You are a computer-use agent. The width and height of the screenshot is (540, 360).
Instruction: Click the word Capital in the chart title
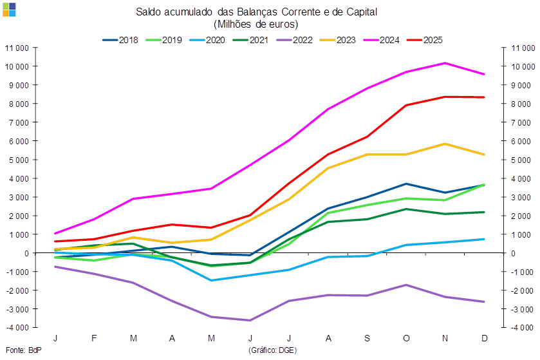pyautogui.click(x=362, y=12)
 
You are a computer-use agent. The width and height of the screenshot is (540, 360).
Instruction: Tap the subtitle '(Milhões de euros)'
pyautogui.click(x=256, y=24)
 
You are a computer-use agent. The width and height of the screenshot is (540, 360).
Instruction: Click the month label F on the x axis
pyautogui.click(x=95, y=339)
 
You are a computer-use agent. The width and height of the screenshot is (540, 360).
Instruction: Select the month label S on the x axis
pyautogui.click(x=367, y=339)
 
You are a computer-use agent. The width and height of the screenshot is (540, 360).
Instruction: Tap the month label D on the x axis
pyautogui.click(x=484, y=339)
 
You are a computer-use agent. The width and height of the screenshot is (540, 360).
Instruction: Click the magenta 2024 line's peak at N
pyautogui.click(x=445, y=63)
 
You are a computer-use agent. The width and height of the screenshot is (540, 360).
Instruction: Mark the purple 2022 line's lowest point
pyautogui.click(x=250, y=320)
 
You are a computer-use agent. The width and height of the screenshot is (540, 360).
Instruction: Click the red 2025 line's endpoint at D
pyautogui.click(x=484, y=97)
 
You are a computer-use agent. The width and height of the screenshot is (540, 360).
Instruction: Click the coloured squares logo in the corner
pyautogui.click(x=9, y=9)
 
